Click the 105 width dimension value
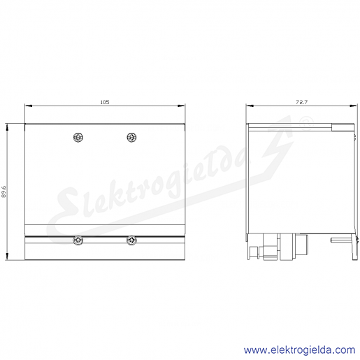pos(105,102)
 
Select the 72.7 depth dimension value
pos(301,102)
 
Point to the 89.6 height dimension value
pos(3,192)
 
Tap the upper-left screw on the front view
pos(78,137)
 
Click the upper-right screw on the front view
pos(131,137)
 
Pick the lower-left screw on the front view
pos(78,240)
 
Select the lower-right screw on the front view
pos(131,240)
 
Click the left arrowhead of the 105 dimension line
pos(29,106)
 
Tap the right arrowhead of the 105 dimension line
pos(182,106)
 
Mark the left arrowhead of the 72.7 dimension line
pos(250,106)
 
